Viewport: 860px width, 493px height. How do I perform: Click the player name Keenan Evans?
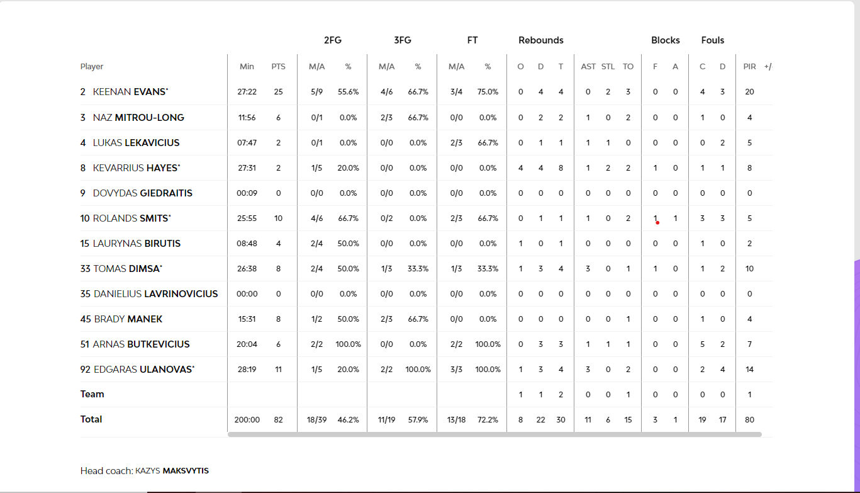coord(130,92)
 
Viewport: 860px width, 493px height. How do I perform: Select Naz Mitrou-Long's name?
coord(138,118)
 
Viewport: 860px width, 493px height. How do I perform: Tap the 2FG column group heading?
coord(333,40)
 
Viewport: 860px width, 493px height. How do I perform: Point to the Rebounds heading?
coord(540,40)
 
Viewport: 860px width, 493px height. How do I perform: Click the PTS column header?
coord(278,67)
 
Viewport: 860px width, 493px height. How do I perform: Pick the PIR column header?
coord(749,67)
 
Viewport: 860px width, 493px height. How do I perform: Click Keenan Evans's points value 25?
coord(278,92)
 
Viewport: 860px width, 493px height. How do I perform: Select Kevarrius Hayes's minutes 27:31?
coord(247,168)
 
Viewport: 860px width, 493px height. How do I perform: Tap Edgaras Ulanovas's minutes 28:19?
coord(247,370)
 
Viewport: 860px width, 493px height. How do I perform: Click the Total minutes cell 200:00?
coord(247,420)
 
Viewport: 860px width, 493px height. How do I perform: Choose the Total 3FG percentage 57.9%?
coord(418,420)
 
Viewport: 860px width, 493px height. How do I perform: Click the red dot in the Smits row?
coord(657,222)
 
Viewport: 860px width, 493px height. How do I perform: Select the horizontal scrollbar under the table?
coord(494,434)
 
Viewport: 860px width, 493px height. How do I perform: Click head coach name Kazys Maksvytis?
coord(172,471)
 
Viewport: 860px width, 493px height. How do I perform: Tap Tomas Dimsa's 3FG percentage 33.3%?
coord(418,269)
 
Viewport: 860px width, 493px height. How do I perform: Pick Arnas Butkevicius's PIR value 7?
coord(749,344)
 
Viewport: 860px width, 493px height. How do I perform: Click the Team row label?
coord(92,394)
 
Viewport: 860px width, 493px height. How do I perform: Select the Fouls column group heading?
coord(713,40)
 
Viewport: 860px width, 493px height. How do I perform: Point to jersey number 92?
coord(86,370)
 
